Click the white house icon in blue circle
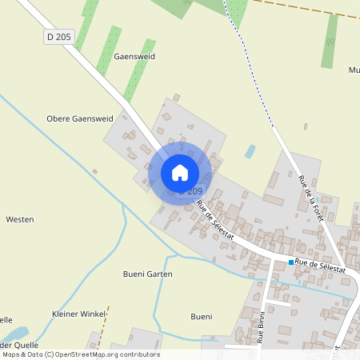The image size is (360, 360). click(180, 173)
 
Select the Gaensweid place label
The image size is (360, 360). click(134, 58)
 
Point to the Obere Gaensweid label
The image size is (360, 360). click(80, 118)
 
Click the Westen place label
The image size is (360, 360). click(19, 219)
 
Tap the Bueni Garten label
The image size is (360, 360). click(148, 274)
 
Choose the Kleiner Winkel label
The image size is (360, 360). click(78, 314)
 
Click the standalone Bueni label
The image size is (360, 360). click(202, 317)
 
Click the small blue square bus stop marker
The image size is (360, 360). click(290, 262)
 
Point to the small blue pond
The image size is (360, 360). click(250, 150)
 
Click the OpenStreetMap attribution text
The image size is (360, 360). click(81, 354)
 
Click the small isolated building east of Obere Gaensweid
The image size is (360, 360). click(94, 170)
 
